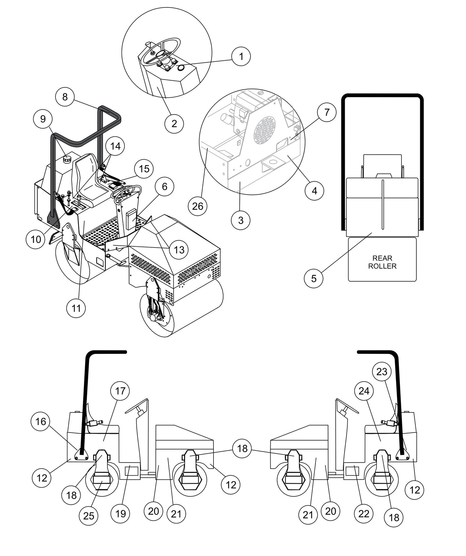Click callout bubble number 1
(x=241, y=56)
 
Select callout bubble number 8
(x=65, y=96)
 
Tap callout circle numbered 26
(x=197, y=205)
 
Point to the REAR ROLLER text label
(x=382, y=262)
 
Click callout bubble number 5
(x=314, y=278)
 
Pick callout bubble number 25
(x=89, y=515)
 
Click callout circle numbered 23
(x=382, y=372)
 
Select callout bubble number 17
(x=120, y=391)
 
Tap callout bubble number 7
(x=327, y=112)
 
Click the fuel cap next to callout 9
(x=67, y=159)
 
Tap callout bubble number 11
(x=76, y=308)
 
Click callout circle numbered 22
(x=364, y=513)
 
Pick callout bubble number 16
(x=41, y=422)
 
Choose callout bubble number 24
(x=364, y=391)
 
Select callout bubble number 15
(x=144, y=169)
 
